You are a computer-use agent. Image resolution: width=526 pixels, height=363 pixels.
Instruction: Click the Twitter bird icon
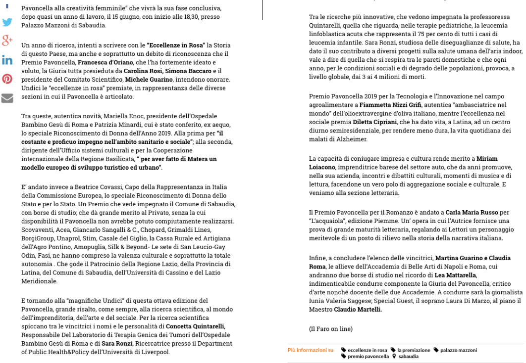pyautogui.click(x=7, y=22)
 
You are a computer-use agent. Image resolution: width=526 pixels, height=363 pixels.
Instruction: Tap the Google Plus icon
pyautogui.click(x=7, y=41)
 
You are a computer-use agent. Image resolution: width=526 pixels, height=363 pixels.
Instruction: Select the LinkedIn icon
pyautogui.click(x=7, y=60)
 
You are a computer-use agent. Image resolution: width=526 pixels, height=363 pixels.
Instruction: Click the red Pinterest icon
pyautogui.click(x=7, y=79)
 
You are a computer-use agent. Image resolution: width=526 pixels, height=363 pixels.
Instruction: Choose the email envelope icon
pyautogui.click(x=7, y=97)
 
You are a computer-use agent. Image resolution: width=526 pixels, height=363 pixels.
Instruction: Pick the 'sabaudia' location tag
pyautogui.click(x=408, y=356)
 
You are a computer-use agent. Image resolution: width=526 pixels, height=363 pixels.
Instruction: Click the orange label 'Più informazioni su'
pyautogui.click(x=310, y=350)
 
